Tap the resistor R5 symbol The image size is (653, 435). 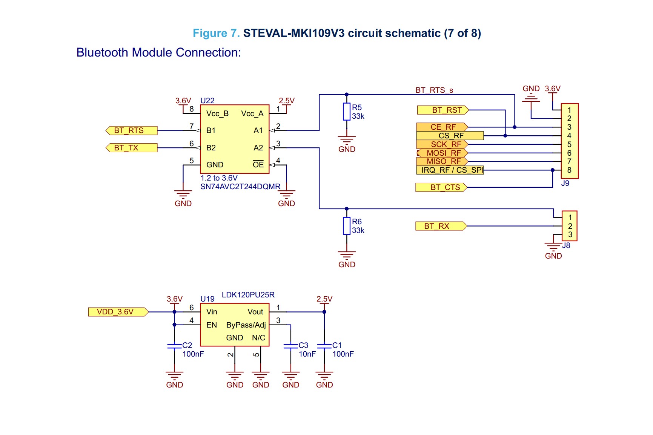346,112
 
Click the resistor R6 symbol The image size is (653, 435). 346,226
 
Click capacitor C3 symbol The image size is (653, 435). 290,346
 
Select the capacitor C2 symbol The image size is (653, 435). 174,346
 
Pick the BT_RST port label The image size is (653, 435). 443,110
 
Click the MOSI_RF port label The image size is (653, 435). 443,153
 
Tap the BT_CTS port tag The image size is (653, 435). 441,187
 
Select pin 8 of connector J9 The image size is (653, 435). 569,170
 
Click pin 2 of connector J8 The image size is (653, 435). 570,226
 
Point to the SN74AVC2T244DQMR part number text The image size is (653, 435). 240,187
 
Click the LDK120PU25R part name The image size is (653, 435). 248,295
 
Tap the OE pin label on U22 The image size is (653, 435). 258,165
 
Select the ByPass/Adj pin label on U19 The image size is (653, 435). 246,325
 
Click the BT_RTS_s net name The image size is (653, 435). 434,90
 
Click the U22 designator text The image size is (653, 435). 207,101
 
